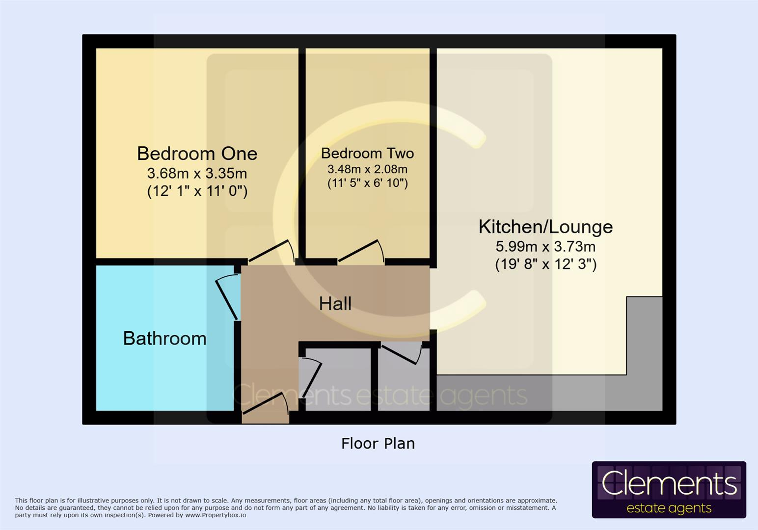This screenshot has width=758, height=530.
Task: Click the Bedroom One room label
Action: [197, 154]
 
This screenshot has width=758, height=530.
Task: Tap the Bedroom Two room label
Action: [367, 153]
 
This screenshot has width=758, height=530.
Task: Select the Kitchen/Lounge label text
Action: [545, 227]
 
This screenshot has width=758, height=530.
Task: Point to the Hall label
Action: [335, 304]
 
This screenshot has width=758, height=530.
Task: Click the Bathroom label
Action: [164, 339]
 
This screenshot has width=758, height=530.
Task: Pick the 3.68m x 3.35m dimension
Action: [197, 173]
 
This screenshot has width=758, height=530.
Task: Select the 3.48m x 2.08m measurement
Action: [367, 169]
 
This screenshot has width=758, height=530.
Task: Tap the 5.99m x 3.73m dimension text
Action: [545, 246]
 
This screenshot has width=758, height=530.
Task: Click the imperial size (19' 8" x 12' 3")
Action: [545, 265]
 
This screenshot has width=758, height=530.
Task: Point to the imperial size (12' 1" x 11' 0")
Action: [197, 191]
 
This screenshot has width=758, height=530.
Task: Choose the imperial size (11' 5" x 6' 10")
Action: [367, 184]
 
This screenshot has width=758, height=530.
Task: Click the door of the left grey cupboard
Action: [310, 377]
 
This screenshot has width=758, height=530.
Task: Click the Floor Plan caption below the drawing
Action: [378, 444]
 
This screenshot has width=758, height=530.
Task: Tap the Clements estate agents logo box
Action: [669, 489]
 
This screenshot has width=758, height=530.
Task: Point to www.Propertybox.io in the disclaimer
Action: [216, 515]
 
